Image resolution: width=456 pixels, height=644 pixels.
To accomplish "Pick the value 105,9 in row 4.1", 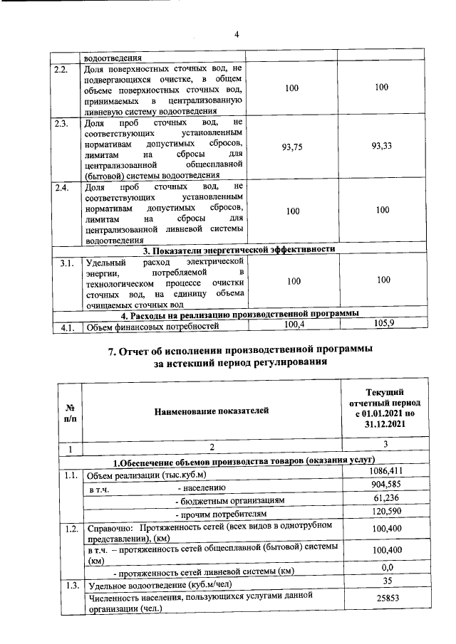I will pos(383,325).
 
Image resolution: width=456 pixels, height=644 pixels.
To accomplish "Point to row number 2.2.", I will pos(62,68).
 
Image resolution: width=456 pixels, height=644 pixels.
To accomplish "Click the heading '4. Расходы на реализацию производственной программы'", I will pos(239,314).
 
